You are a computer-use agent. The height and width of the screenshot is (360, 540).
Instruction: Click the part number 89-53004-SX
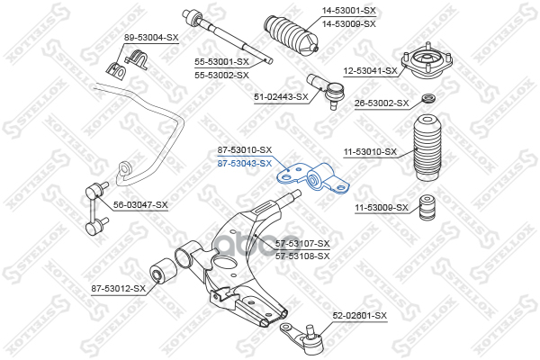[151, 37]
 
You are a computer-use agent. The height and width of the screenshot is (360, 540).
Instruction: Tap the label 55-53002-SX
[221, 75]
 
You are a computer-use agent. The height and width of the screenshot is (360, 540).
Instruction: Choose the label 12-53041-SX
[370, 70]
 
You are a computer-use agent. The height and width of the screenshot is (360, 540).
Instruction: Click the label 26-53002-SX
[382, 103]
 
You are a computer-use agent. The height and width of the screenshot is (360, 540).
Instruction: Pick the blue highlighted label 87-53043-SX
[245, 163]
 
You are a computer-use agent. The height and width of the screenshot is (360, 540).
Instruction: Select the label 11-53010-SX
[370, 152]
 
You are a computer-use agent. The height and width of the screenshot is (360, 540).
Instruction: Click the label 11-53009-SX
[381, 208]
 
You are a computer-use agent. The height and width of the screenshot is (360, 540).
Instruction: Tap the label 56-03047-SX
[141, 204]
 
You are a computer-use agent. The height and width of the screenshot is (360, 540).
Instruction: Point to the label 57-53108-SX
[302, 256]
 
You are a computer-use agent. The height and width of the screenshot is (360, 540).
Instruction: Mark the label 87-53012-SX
[118, 288]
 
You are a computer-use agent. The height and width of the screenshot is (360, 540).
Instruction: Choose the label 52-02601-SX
[359, 316]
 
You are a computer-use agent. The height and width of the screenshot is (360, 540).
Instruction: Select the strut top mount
[428, 63]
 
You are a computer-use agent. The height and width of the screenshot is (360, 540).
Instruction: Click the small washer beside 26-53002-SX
[429, 98]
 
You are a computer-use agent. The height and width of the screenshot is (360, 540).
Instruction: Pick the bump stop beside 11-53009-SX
[428, 207]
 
